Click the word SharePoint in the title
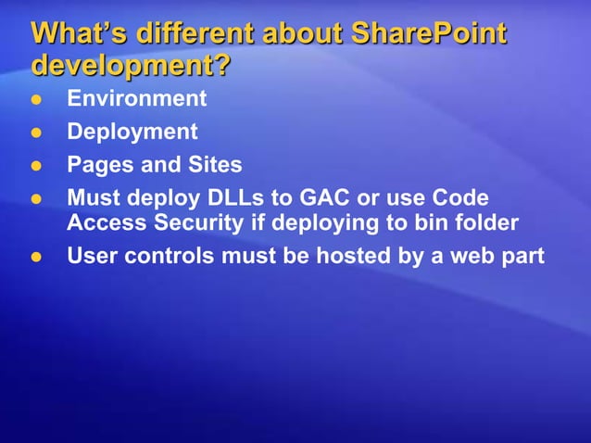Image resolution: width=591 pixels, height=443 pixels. click(x=428, y=34)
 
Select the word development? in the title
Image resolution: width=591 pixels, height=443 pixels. click(x=130, y=67)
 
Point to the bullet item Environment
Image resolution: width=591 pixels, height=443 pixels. click(x=136, y=98)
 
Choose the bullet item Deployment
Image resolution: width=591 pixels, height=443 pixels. click(x=132, y=132)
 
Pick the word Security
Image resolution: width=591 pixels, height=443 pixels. click(x=182, y=222)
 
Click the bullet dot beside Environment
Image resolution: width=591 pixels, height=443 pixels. click(x=38, y=99)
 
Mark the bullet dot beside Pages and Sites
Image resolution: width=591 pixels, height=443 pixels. click(x=38, y=166)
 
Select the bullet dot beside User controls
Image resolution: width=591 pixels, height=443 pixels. click(x=38, y=257)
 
